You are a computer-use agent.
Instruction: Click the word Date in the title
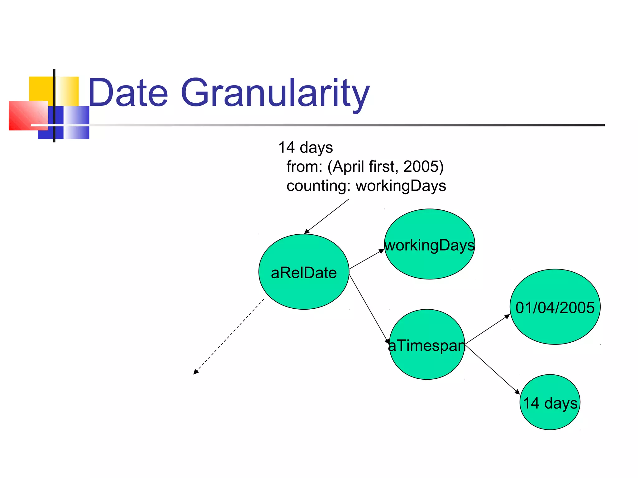coord(128,93)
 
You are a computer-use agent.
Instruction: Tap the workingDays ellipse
coord(429,244)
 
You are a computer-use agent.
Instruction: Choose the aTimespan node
coord(427,345)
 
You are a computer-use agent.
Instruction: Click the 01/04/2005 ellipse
coord(555,307)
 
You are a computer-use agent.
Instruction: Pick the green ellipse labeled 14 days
coord(550,402)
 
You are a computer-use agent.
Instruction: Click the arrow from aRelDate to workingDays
coord(366,259)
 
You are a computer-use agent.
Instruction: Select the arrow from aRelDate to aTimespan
coord(369,308)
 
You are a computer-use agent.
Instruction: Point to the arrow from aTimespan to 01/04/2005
coord(487,329)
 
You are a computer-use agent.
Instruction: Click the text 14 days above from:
coord(306,148)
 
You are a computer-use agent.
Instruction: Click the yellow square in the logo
coord(41,89)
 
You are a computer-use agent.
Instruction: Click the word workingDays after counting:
coord(401,186)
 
